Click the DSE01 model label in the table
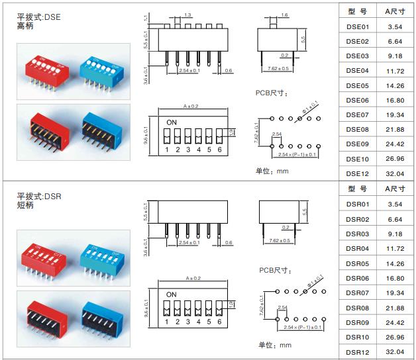coord(357,26)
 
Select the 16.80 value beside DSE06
coord(395,100)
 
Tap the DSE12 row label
coord(357,173)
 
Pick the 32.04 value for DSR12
coord(395,351)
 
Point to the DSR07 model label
coord(357,292)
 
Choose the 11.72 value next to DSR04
coord(395,248)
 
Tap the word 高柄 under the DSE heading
coord(26,27)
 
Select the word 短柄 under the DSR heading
coord(26,206)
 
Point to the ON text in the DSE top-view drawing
coord(172,123)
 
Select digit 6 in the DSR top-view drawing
coord(219,322)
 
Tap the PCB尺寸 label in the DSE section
coord(272,93)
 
